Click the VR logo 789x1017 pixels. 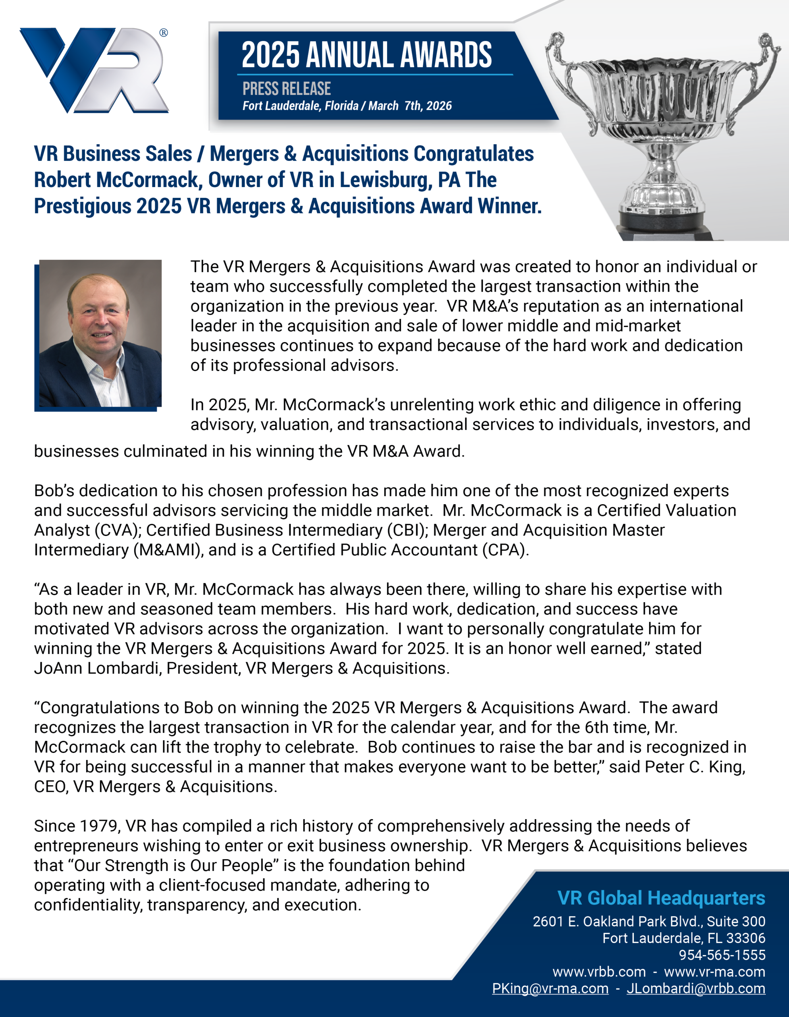[x=93, y=71]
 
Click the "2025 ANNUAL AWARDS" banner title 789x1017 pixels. [x=367, y=55]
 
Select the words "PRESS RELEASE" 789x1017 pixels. [x=286, y=89]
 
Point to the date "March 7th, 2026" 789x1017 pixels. [x=410, y=106]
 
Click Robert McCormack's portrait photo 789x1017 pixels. [x=100, y=333]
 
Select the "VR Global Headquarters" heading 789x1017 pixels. [x=661, y=898]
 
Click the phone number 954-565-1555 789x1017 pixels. [x=722, y=955]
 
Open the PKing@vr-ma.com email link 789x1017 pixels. [x=550, y=988]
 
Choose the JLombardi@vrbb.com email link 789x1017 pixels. [x=696, y=988]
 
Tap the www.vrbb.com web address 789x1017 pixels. [x=599, y=972]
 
